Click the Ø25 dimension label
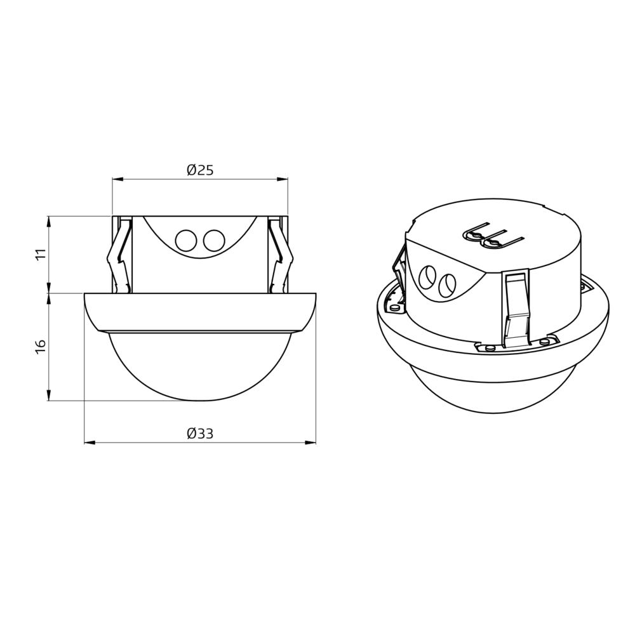point(200,170)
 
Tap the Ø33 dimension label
point(200,434)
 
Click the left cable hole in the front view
point(186,240)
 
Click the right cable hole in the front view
point(214,240)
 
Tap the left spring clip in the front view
point(119,255)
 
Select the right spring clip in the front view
point(281,255)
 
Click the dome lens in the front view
point(200,364)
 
